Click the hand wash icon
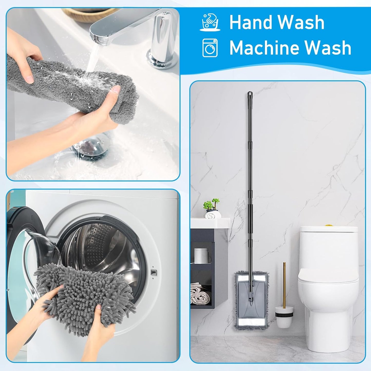[x=210, y=23]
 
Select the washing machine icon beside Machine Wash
[x=210, y=48]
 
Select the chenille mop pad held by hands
[x=85, y=295]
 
